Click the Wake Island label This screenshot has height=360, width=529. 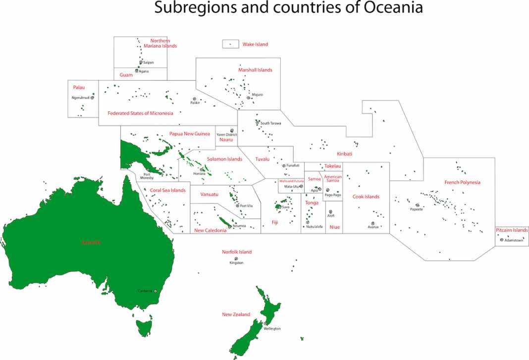(x=255, y=45)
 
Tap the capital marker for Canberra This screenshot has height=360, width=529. (x=156, y=291)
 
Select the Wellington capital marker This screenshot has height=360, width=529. (x=265, y=324)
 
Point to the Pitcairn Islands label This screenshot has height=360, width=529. (x=512, y=230)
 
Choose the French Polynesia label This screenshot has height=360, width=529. (x=462, y=183)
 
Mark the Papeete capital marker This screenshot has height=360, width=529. (x=418, y=205)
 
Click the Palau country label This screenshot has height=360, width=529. (x=79, y=88)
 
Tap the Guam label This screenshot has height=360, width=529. (x=126, y=75)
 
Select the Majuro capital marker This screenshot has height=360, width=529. (x=248, y=98)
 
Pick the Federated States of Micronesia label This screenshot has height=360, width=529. (x=140, y=113)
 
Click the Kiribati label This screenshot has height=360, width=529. (x=344, y=154)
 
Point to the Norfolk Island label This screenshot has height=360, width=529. (x=237, y=252)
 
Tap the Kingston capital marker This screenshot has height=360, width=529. (x=236, y=258)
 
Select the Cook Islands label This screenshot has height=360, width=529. (x=366, y=197)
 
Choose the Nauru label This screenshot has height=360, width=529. (x=226, y=140)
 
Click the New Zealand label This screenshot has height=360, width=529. (x=236, y=314)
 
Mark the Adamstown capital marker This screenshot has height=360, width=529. (x=502, y=240)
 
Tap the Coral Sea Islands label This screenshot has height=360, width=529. (x=167, y=191)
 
